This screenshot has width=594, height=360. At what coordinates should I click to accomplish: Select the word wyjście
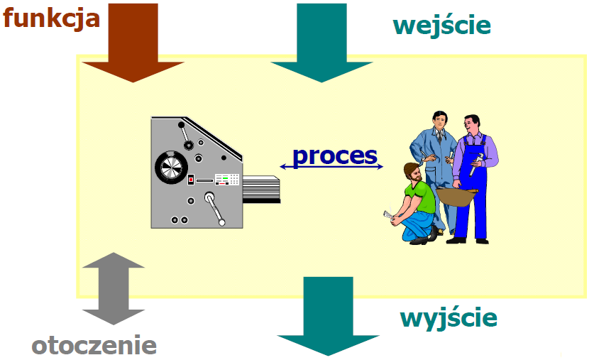pyautogui.click(x=449, y=317)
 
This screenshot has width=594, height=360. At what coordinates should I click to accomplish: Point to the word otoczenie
pyautogui.click(x=94, y=345)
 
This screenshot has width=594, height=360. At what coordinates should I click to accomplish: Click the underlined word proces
pyautogui.click(x=335, y=155)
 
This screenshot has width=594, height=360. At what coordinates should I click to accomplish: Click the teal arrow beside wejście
pyautogui.click(x=321, y=43)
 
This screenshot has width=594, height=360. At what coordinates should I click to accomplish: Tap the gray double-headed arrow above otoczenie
pyautogui.click(x=114, y=288)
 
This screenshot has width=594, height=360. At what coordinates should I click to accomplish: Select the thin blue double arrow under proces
pyautogui.click(x=331, y=167)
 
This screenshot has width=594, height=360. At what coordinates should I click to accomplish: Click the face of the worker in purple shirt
pyautogui.click(x=473, y=127)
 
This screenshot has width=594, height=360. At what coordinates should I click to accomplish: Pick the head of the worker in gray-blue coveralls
pyautogui.click(x=441, y=119)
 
